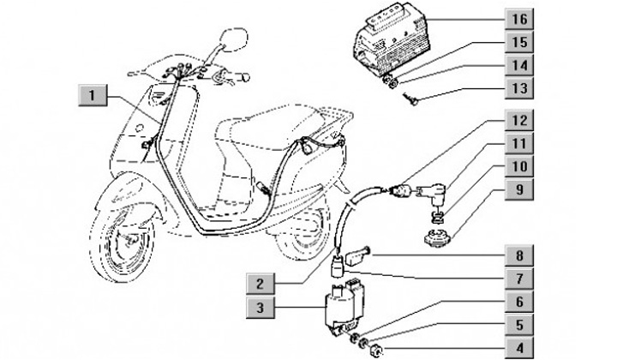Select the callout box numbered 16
point(518,18)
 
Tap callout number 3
point(261,306)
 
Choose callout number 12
point(518,121)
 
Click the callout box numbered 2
point(261,282)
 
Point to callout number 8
point(518,255)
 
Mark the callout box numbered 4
point(518,349)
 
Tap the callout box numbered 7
point(518,279)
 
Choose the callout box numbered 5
point(518,325)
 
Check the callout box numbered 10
point(518,167)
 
